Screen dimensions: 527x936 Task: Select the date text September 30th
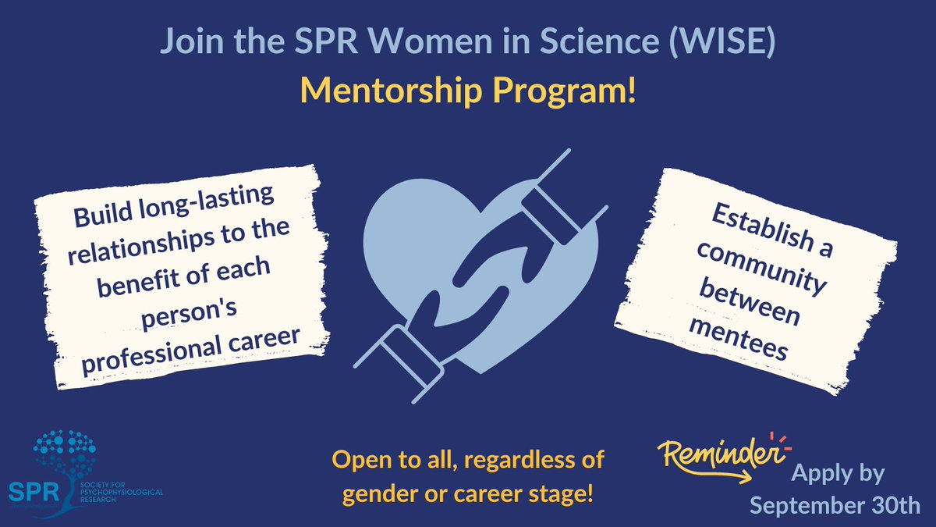(835, 504)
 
